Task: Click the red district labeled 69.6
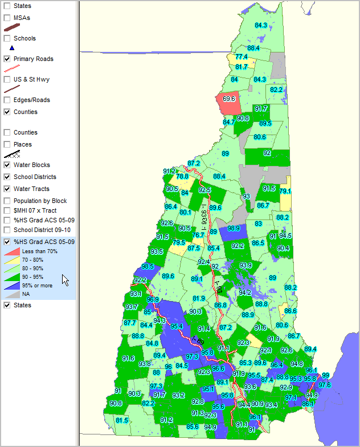click(229, 99)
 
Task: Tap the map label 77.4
click(242, 57)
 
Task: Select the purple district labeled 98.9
click(233, 229)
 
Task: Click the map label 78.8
click(182, 177)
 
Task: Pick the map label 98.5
click(148, 266)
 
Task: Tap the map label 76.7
click(198, 235)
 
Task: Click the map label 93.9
click(246, 265)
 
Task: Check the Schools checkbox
click(7, 39)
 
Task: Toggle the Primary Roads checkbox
click(7, 59)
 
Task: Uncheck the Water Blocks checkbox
click(7, 165)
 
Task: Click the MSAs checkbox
click(7, 18)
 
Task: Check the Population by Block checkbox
click(7, 201)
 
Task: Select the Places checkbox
click(7, 145)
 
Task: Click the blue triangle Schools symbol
click(12, 48)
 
